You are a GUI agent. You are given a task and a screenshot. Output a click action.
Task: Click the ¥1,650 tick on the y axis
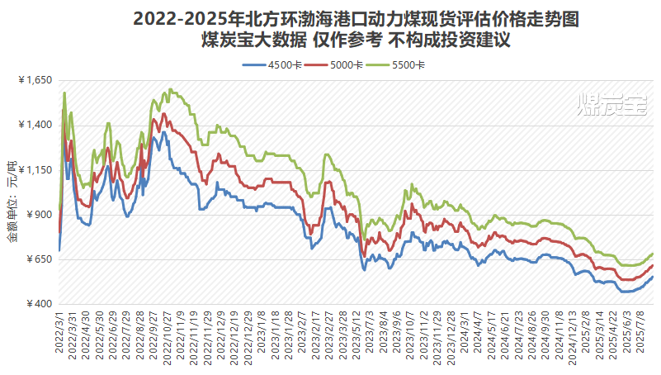coord(35,80)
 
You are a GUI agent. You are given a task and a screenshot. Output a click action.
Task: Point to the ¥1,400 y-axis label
coord(35,125)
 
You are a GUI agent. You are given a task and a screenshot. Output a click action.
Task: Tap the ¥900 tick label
coord(39,215)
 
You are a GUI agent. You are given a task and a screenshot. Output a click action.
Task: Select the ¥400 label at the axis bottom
coord(39,304)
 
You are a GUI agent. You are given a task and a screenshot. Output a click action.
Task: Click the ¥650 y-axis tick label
coord(39,259)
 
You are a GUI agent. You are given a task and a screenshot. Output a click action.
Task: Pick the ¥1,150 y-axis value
coord(35,170)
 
